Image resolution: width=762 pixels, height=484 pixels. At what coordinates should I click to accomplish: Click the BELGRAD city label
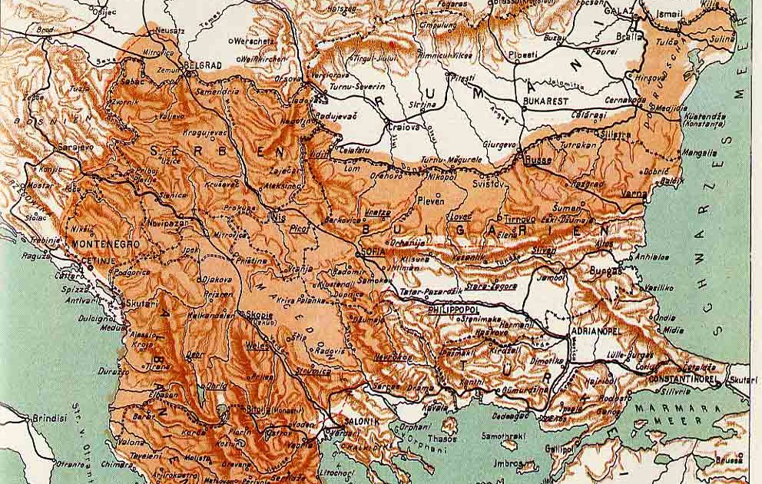click(204, 66)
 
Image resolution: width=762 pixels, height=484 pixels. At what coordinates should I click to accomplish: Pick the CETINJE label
click(98, 260)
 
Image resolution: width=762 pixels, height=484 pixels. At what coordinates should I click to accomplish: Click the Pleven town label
click(430, 202)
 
